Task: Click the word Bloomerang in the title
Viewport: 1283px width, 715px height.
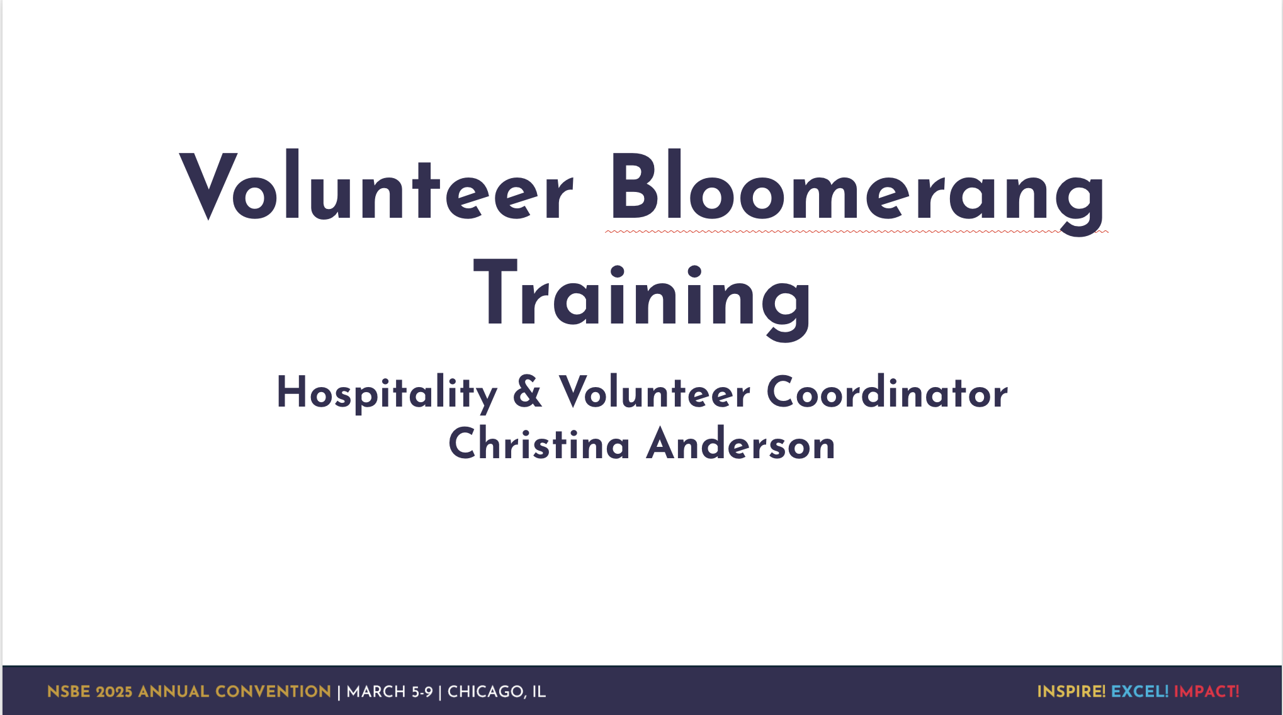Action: (x=857, y=192)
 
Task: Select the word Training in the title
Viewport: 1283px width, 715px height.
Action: (x=643, y=299)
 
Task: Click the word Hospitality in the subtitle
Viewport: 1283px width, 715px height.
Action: (x=387, y=393)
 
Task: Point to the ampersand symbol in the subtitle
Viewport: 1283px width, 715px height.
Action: (x=528, y=391)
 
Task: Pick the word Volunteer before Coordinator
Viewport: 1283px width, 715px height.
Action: (x=655, y=391)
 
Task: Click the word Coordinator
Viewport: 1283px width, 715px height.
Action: (x=887, y=391)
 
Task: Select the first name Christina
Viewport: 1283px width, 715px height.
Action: (x=540, y=443)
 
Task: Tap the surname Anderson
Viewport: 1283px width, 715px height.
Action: (x=741, y=443)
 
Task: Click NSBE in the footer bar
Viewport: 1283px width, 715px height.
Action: (x=69, y=692)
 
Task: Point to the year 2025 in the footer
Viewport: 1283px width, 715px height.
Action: (x=114, y=692)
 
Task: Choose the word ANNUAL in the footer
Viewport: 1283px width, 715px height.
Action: (x=174, y=692)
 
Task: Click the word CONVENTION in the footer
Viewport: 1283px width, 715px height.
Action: (x=273, y=692)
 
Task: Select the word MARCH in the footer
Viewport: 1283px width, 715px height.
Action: (x=376, y=692)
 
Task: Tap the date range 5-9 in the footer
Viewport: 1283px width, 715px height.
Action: (x=422, y=692)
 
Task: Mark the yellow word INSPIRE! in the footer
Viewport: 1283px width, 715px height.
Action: (x=1071, y=692)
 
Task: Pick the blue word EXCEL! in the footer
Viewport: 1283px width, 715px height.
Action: (x=1140, y=692)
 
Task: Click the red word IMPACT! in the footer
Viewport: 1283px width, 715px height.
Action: (x=1207, y=692)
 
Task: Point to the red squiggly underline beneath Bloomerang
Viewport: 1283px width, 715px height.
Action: (x=857, y=232)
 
